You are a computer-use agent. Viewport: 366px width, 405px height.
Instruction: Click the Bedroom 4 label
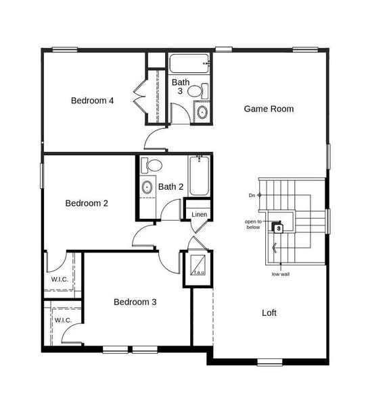pos(92,101)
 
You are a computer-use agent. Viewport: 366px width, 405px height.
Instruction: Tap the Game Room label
pos(269,108)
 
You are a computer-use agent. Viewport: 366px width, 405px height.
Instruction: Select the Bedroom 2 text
pos(87,202)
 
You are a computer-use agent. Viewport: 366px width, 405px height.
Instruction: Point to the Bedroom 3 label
pos(135,302)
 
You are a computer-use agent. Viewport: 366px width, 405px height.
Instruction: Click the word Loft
pos(269,313)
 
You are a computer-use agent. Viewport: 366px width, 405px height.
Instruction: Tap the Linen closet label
pos(199,215)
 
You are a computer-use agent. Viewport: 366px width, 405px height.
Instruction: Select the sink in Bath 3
pos(202,112)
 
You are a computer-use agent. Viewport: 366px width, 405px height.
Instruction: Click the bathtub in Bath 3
pos(189,65)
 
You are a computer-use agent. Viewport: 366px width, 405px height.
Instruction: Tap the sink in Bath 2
pos(147,187)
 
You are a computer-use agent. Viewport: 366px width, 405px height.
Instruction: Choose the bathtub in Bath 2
pos(199,175)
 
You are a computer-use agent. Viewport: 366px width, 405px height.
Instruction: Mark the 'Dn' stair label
pos(252,195)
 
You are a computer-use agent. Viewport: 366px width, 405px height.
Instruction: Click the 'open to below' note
pos(253,224)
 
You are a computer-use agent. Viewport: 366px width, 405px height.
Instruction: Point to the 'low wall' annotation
pos(280,274)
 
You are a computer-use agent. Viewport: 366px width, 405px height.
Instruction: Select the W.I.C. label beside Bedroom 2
pos(60,279)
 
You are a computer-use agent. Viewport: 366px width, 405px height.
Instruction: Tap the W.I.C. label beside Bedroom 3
pos(63,319)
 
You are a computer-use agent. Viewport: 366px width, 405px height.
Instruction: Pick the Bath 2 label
pos(171,186)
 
